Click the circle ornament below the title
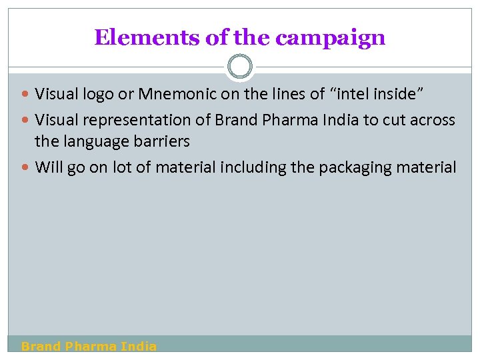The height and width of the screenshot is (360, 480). (240, 67)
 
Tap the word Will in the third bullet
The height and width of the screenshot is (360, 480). (48, 167)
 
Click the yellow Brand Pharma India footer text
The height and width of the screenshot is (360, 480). (89, 346)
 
